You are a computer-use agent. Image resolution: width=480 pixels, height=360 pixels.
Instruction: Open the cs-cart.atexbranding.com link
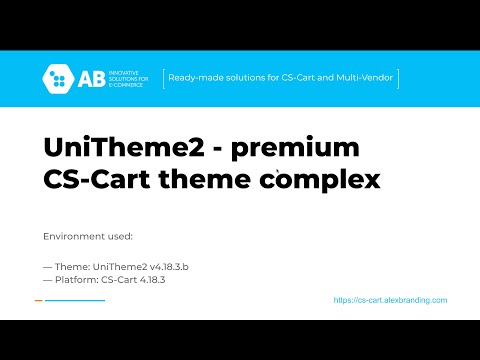(x=390, y=300)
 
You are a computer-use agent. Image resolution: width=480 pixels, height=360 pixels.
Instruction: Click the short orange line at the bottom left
(x=38, y=300)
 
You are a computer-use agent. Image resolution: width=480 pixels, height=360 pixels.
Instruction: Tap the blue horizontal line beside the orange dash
(x=75, y=300)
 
